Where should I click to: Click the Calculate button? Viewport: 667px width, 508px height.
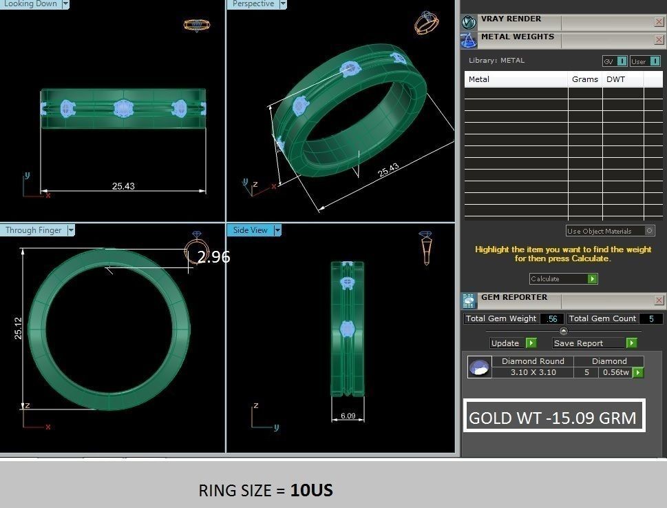[x=563, y=278]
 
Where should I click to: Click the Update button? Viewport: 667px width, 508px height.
[x=513, y=343]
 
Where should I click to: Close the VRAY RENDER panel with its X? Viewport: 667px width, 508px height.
[x=659, y=22]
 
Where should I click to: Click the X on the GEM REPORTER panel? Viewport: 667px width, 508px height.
[x=659, y=301]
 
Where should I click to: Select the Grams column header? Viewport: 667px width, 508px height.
[x=585, y=79]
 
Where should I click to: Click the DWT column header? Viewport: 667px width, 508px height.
[x=615, y=79]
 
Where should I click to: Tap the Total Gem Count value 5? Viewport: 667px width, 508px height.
[x=651, y=318]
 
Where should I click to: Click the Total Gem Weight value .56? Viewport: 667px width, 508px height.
[x=552, y=318]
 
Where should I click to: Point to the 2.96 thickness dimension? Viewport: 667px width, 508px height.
[x=213, y=257]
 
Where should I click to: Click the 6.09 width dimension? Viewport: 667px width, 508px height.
[x=348, y=416]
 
